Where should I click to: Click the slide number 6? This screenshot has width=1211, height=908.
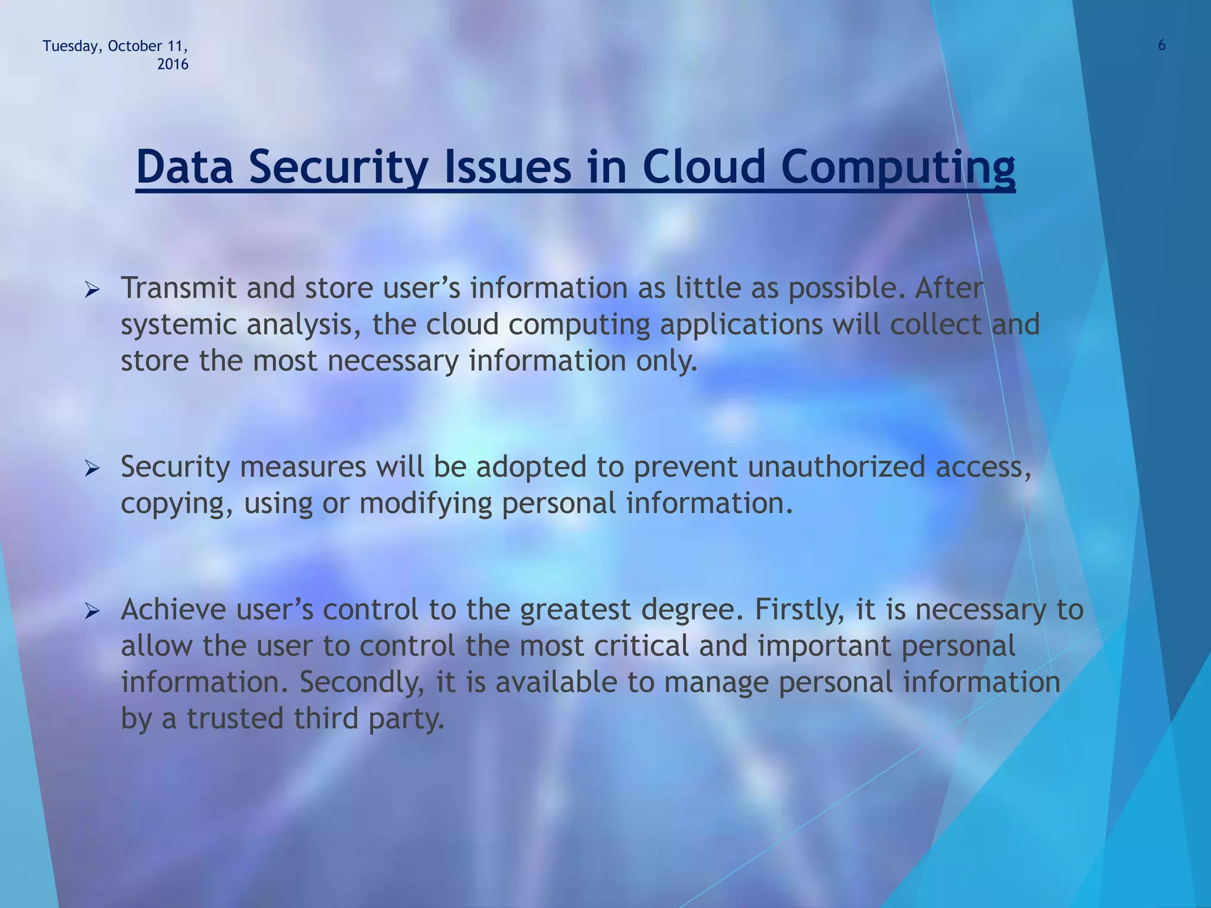tap(1161, 46)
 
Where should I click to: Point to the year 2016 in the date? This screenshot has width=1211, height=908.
tap(173, 65)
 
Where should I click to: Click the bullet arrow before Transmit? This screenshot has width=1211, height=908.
tap(93, 290)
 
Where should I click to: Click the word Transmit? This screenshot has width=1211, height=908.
tap(179, 289)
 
